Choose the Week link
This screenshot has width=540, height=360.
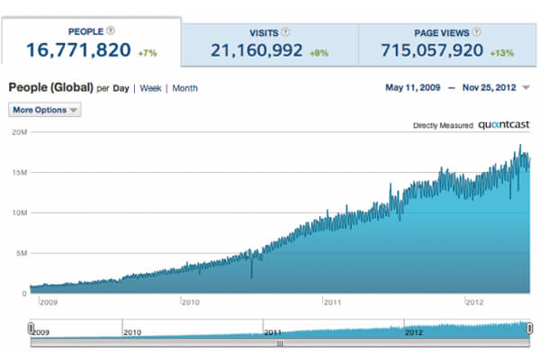point(151,88)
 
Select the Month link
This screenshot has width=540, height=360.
point(184,88)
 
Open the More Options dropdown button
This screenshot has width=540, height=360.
point(44,110)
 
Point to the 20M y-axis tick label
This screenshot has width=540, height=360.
point(17,132)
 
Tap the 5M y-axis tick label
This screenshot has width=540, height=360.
point(19,254)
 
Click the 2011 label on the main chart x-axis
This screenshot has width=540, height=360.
point(331,302)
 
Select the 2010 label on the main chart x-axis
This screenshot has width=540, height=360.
point(190,302)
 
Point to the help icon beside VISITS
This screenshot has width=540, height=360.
point(286,31)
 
